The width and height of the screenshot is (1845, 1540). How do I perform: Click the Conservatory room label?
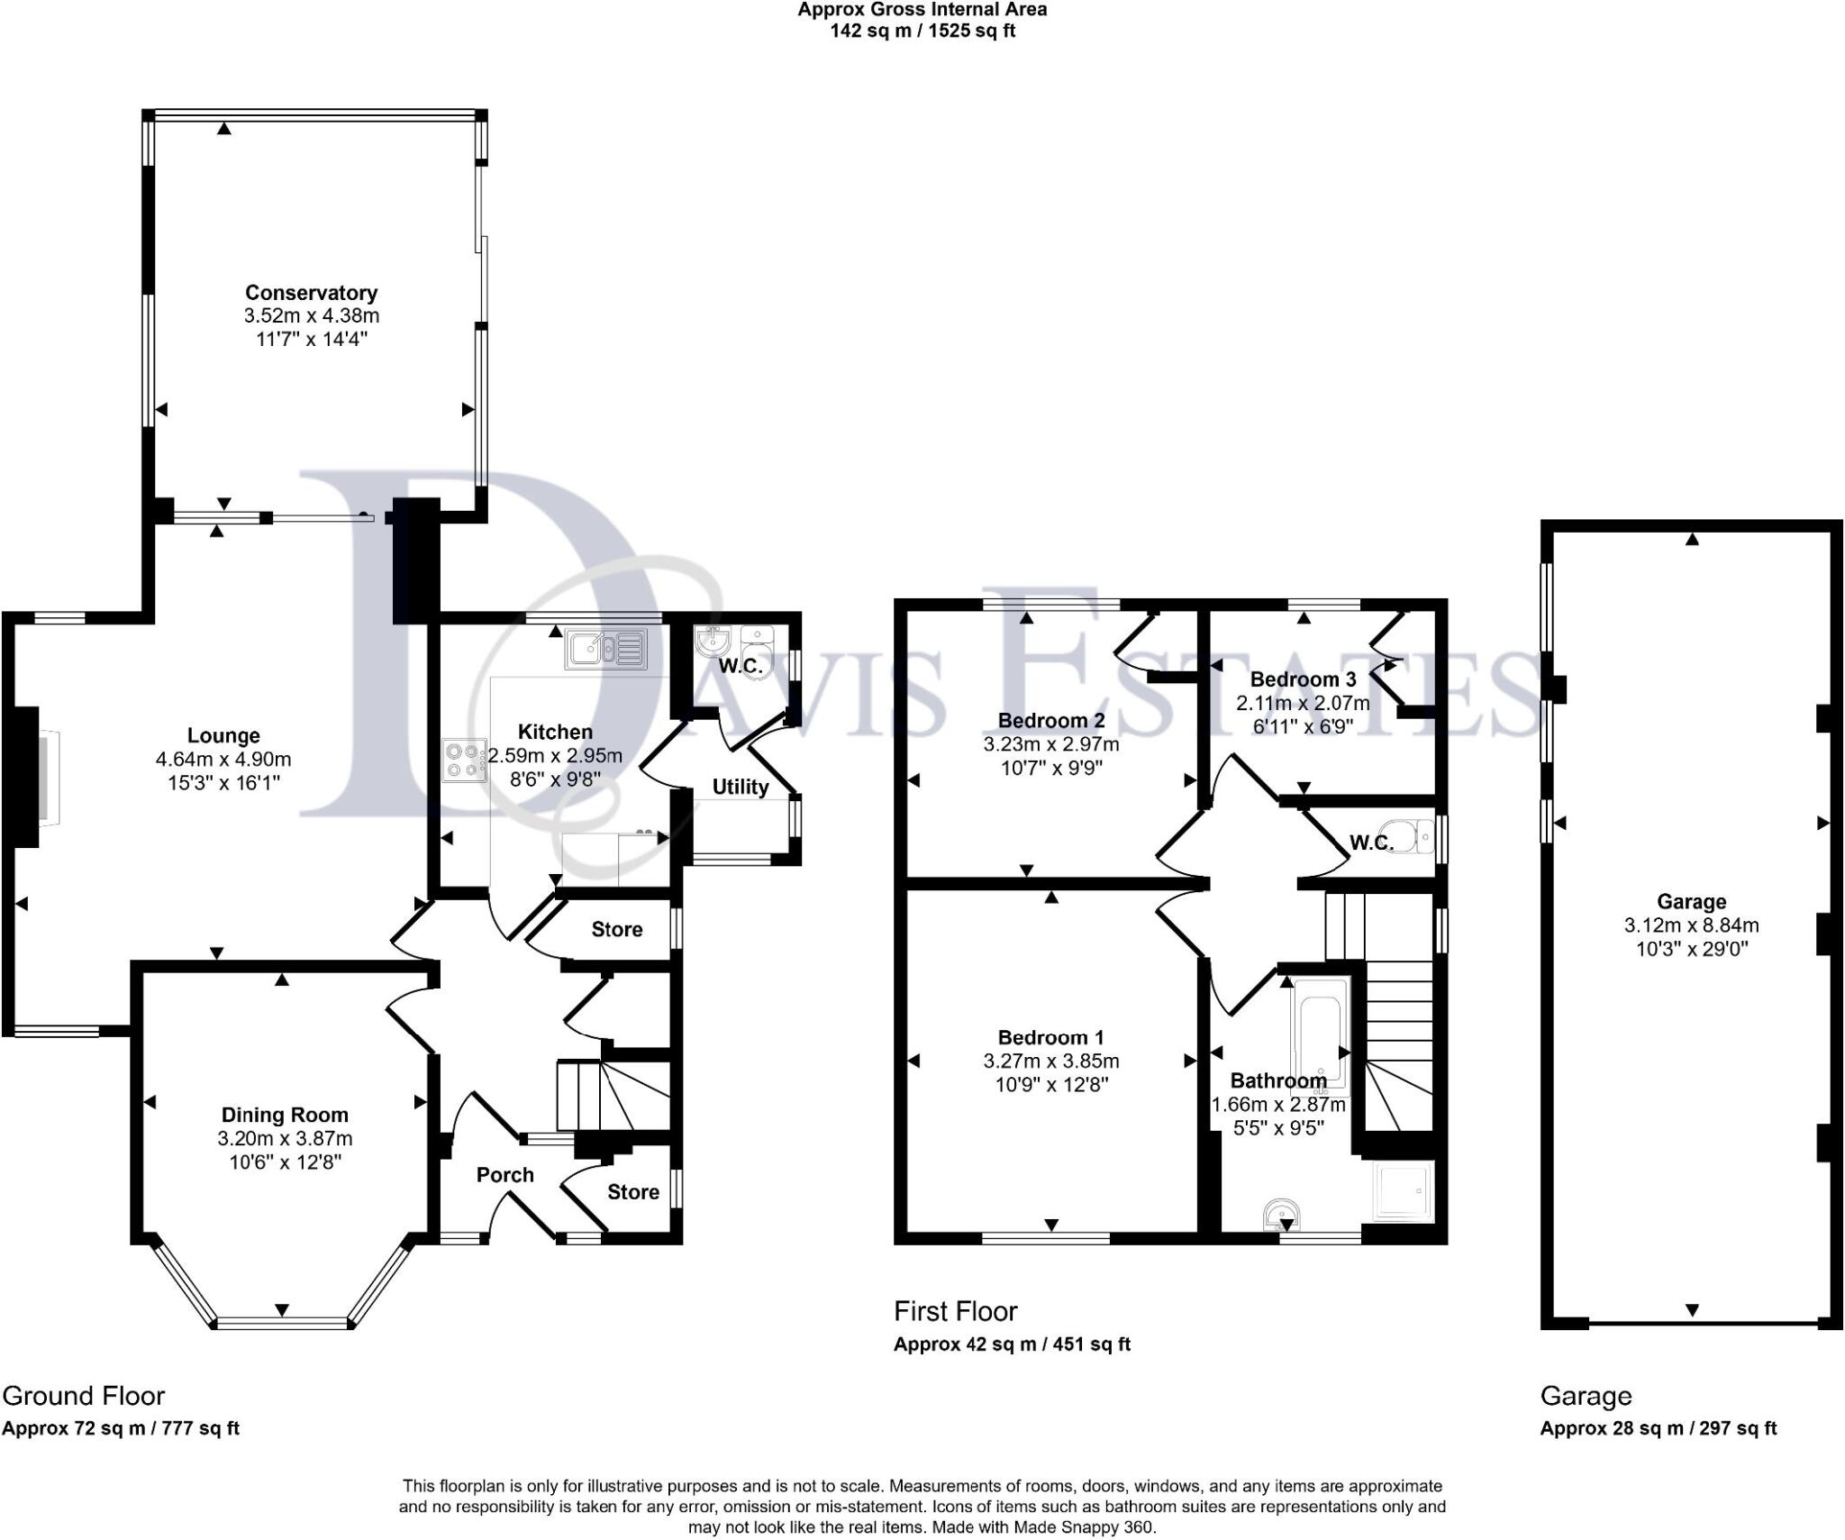point(311,293)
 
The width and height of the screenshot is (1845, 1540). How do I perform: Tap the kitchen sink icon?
point(606,649)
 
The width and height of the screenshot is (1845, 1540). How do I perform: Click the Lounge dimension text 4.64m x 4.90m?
point(223,760)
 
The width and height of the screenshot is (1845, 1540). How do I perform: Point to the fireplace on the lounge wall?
point(36,777)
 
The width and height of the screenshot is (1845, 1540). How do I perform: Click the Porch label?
point(504,1175)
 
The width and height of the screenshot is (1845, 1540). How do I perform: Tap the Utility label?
point(741,787)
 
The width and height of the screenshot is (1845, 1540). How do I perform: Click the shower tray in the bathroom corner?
point(1401,1191)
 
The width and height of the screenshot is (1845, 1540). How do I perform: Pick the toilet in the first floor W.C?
point(1410,835)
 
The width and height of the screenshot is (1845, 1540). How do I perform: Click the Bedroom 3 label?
point(1303,679)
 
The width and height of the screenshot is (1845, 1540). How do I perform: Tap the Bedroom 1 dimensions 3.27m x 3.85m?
point(1051,1061)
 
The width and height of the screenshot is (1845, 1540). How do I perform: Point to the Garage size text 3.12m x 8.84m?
point(1691,925)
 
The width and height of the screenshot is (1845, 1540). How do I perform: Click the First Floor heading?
point(955,1311)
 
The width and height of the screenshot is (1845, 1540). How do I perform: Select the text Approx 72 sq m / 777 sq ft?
point(121,1428)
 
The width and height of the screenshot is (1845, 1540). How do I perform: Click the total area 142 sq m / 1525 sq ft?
point(922,31)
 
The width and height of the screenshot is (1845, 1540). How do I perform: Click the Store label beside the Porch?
point(632,1192)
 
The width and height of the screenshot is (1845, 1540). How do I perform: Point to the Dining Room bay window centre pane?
point(283,1323)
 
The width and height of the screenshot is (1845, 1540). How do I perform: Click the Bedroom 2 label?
point(1050,720)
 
